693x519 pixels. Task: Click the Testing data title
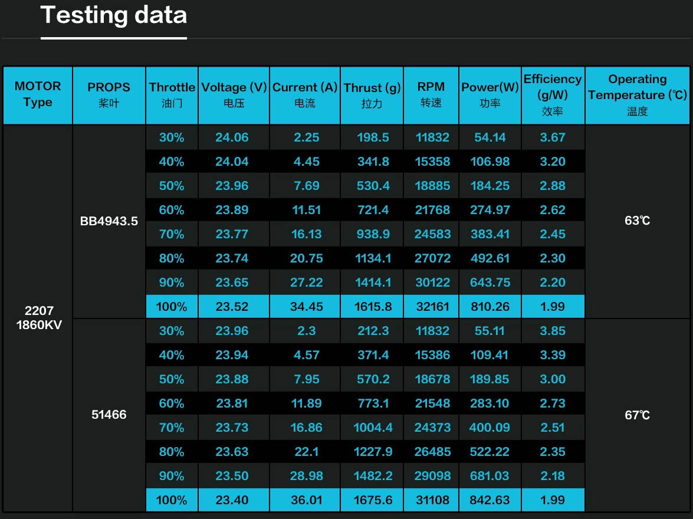coord(114,15)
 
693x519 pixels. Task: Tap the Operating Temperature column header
coord(638,94)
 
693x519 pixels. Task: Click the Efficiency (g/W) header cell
coord(553,94)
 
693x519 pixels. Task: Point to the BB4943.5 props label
coord(109,221)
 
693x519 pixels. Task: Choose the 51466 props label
coord(109,415)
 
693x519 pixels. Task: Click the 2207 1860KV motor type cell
coord(38,317)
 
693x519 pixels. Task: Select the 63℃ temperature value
coord(637,221)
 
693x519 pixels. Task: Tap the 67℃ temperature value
coord(637,415)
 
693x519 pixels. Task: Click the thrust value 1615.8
coord(373,307)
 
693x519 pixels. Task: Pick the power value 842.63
coord(490,500)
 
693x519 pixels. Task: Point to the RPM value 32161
coord(432,307)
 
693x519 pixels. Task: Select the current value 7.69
coord(306,186)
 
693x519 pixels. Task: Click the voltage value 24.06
coord(232,137)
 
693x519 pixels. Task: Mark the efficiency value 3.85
coord(553,331)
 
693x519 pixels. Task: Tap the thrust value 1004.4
coord(373,428)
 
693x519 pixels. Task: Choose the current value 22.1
coord(306,452)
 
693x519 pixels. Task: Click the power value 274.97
coord(490,210)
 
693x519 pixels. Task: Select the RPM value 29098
coord(432,476)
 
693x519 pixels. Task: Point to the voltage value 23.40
coord(232,500)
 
